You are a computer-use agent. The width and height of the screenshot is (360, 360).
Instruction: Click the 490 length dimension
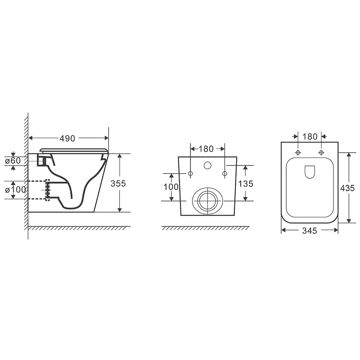(x=67, y=139)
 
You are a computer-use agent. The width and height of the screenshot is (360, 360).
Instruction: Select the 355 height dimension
(x=118, y=184)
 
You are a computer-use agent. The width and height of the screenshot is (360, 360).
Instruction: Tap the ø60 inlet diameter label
(x=13, y=161)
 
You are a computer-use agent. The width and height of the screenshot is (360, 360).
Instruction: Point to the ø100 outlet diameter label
(x=15, y=189)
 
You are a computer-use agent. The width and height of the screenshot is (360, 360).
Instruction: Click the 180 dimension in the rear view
(x=206, y=149)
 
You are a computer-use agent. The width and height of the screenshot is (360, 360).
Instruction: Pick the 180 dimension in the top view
(x=310, y=137)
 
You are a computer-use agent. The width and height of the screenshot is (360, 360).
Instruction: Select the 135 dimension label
(x=246, y=184)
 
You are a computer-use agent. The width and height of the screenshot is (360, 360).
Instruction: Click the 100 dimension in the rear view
(x=171, y=187)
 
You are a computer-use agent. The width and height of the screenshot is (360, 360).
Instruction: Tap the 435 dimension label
(x=347, y=188)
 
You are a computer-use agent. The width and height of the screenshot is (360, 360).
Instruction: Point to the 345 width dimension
(x=310, y=230)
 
